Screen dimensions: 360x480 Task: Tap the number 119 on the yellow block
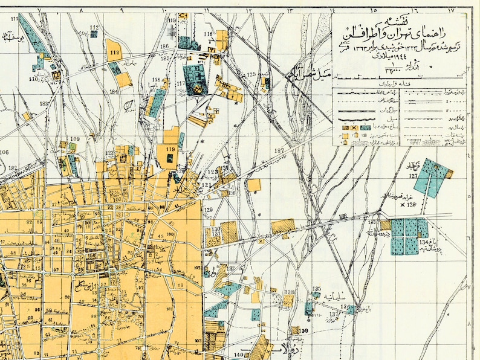click(170, 149)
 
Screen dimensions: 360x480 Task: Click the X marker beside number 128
click(403, 206)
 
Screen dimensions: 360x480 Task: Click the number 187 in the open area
click(279, 150)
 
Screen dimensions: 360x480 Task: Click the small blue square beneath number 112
click(94, 35)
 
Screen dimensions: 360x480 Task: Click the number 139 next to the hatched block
click(304, 330)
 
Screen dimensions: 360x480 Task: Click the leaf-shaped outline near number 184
click(128, 106)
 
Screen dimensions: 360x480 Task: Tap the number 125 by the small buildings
click(252, 74)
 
